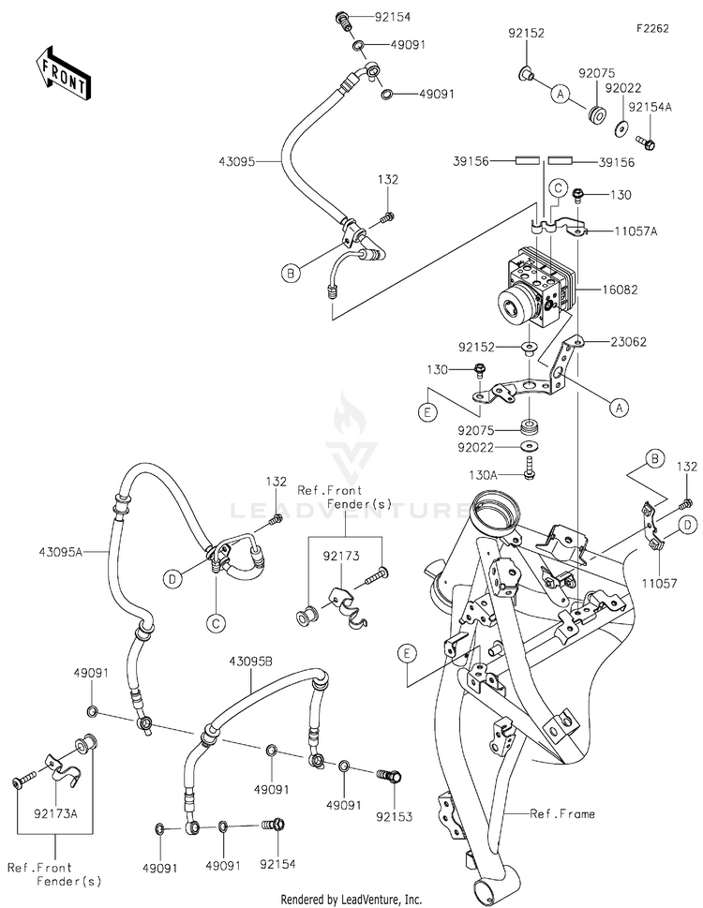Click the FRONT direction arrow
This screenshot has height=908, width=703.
pyautogui.click(x=61, y=70)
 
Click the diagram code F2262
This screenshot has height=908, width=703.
pyautogui.click(x=652, y=28)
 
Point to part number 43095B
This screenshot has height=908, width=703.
pyautogui.click(x=251, y=661)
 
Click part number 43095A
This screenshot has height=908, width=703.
pyautogui.click(x=61, y=553)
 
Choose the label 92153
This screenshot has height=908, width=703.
pyautogui.click(x=394, y=816)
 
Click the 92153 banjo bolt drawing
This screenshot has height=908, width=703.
pyautogui.click(x=389, y=775)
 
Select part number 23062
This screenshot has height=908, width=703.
pyautogui.click(x=628, y=342)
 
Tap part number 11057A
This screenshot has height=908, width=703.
pyautogui.click(x=636, y=231)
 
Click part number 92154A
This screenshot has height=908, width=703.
pyautogui.click(x=651, y=107)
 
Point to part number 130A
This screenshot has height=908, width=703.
pyautogui.click(x=483, y=475)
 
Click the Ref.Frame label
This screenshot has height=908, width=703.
pyautogui.click(x=562, y=813)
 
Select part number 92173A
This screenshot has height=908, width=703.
pyautogui.click(x=55, y=813)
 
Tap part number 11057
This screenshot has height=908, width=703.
pyautogui.click(x=659, y=584)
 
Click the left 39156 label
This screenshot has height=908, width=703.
pyautogui.click(x=471, y=161)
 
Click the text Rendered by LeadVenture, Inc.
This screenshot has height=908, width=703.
pyautogui.click(x=351, y=900)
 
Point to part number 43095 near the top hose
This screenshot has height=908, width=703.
pyautogui.click(x=237, y=161)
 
